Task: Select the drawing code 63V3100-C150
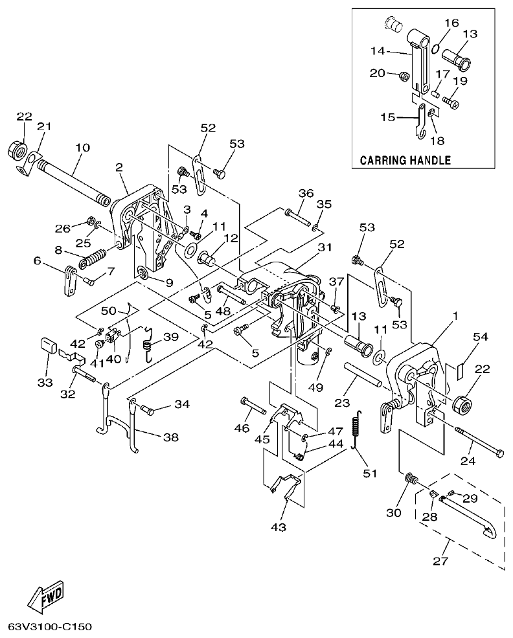coord(51,627)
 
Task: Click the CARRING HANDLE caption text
coord(405,159)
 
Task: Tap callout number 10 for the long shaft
coord(82,148)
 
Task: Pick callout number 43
coord(278,527)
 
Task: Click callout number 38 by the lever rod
coord(171,437)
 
